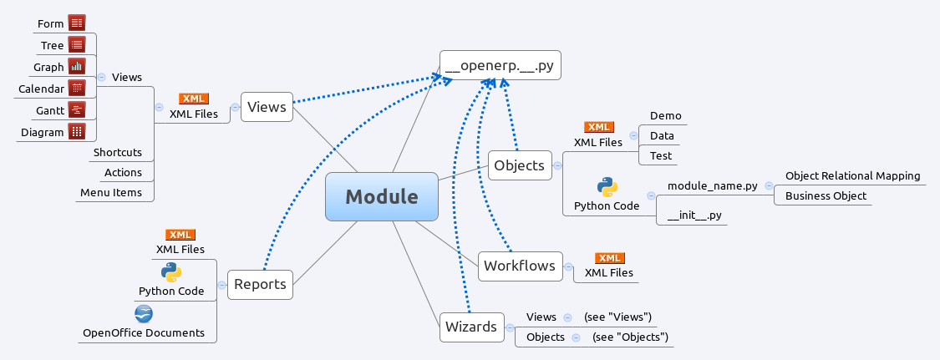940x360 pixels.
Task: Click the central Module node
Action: (381, 197)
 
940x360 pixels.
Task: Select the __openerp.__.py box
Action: (500, 64)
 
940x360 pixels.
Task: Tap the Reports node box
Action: (260, 284)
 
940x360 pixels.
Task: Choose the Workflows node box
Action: (519, 266)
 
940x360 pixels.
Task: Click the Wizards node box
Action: (471, 327)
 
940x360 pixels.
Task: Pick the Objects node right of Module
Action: (519, 165)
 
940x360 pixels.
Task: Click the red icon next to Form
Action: (78, 23)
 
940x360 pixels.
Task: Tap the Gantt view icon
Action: (78, 109)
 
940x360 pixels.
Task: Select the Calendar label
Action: (41, 89)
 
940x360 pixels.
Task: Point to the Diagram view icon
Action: (78, 131)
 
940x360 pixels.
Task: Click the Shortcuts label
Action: (117, 153)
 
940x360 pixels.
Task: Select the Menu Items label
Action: (111, 193)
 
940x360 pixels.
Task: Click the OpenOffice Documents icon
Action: (144, 314)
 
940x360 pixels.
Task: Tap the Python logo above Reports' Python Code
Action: (171, 271)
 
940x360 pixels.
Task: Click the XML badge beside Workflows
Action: (609, 258)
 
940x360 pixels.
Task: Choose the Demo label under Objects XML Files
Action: (665, 116)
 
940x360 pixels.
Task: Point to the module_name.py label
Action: (712, 185)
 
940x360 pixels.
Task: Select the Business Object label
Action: (825, 196)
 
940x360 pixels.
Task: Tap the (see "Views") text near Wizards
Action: (617, 317)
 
